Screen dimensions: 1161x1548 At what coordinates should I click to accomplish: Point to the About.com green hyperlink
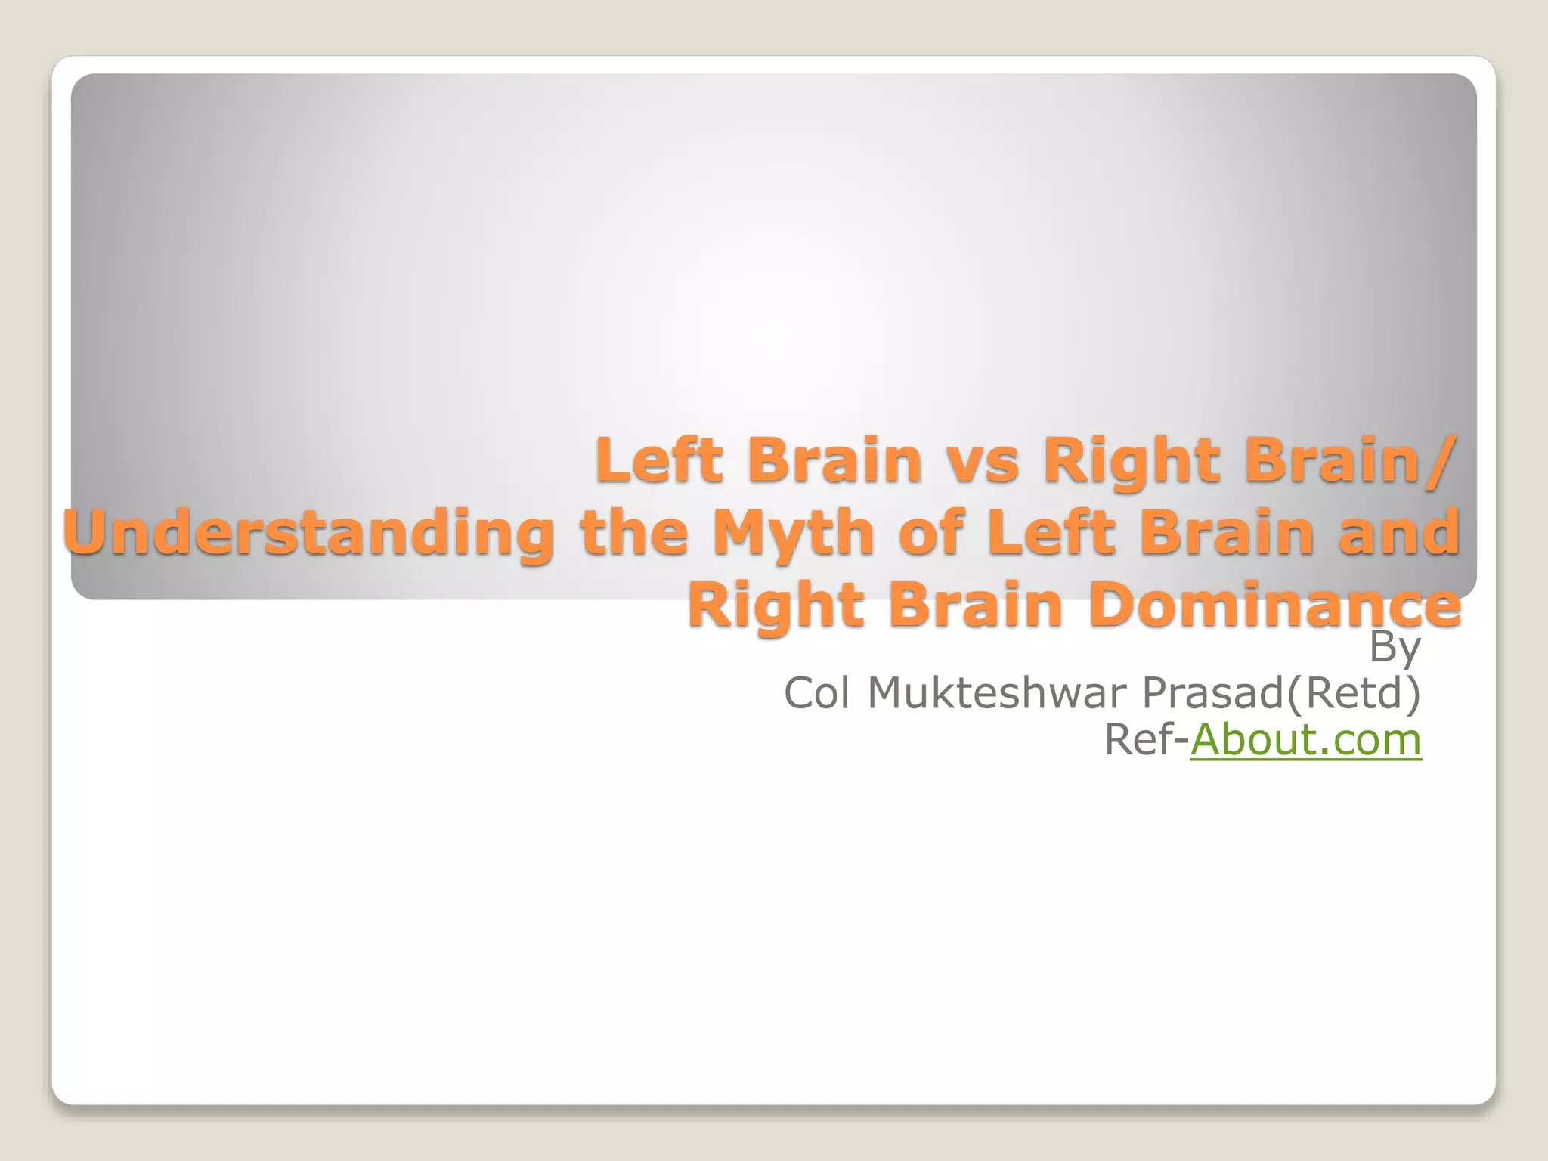1305,739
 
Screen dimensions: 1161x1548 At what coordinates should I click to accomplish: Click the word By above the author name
1395,647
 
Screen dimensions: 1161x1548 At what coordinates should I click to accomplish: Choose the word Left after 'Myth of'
1044,532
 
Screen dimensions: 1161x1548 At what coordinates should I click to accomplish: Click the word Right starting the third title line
776,607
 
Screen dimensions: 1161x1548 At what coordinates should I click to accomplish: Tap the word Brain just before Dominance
976,605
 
